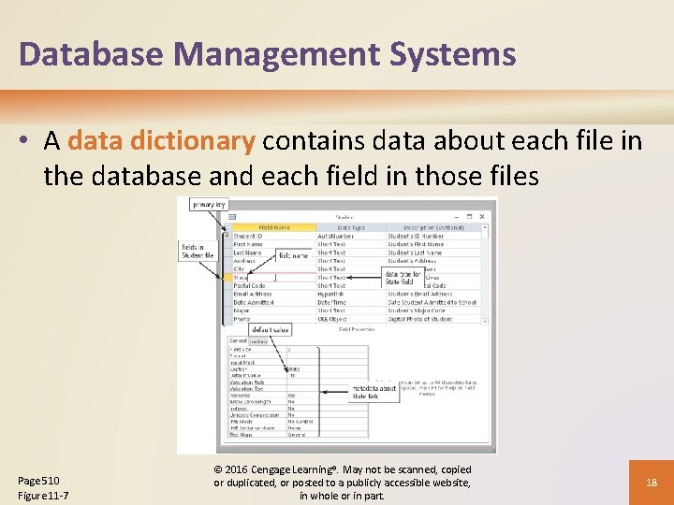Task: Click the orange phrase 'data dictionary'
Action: pos(161,141)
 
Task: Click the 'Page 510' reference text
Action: pos(38,480)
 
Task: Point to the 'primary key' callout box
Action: pos(208,205)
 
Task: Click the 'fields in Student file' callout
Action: pos(198,251)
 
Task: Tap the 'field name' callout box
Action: pos(293,255)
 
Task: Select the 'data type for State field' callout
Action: pos(403,278)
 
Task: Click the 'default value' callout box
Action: pos(271,329)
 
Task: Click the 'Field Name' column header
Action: pos(273,227)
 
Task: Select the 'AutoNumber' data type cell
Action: pos(335,237)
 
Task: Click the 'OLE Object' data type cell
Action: pos(332,319)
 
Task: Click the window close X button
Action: pos(483,216)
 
